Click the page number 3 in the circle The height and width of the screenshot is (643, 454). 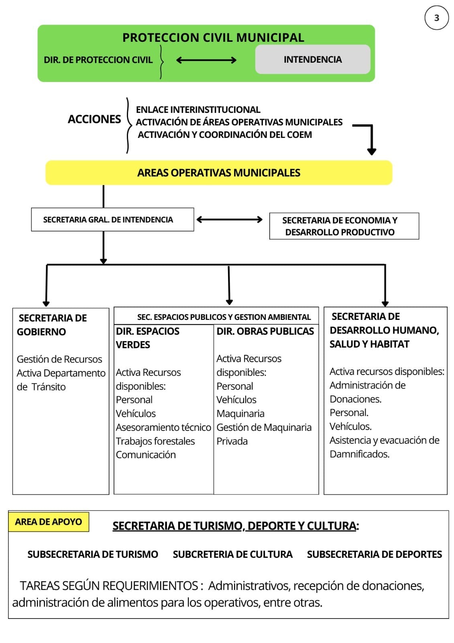coord(436,18)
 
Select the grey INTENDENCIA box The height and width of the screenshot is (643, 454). coord(313,59)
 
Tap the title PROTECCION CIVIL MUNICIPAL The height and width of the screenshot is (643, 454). coord(213,37)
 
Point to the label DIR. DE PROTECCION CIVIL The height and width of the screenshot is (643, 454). coord(98,60)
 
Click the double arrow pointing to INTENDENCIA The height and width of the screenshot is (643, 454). coord(206,60)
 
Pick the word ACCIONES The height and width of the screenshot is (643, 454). coord(94,119)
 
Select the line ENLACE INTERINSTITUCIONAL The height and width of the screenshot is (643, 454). coord(198,110)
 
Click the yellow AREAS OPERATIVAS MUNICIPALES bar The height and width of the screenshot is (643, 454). coord(219,173)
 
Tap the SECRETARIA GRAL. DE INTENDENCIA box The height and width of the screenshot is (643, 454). coord(108,220)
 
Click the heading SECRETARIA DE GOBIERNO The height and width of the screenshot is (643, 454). coord(52,325)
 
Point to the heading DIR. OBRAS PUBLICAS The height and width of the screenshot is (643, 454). coord(265,331)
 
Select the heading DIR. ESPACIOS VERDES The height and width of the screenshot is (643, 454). coord(147,338)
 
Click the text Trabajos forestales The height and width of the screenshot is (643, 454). coord(155,441)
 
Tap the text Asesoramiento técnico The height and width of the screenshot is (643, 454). coord(163,427)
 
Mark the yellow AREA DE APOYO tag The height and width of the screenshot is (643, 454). coord(49,522)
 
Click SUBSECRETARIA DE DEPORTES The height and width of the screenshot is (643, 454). coord(374,554)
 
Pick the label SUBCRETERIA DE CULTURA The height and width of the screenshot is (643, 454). coord(232,554)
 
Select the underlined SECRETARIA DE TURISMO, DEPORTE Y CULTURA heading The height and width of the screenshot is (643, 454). coord(235,526)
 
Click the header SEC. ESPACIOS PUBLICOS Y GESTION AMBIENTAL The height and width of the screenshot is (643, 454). coord(224,317)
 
